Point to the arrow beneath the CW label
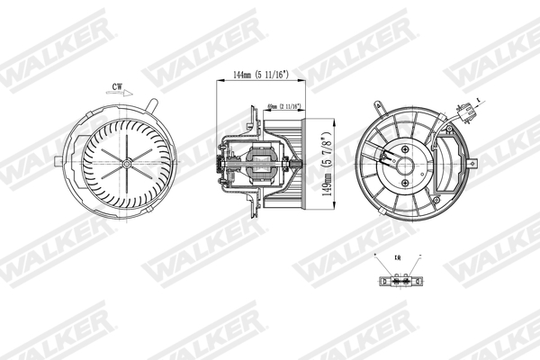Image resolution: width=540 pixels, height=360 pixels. pos(121,93)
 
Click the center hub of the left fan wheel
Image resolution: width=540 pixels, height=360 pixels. pos(126,163)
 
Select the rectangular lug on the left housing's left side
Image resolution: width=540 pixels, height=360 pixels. pos(58,163)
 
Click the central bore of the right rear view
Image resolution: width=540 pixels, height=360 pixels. pos(406,166)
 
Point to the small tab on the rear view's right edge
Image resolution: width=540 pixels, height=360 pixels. pos(472,165)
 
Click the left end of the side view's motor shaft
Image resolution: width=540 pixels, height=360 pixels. pos(219,165)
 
